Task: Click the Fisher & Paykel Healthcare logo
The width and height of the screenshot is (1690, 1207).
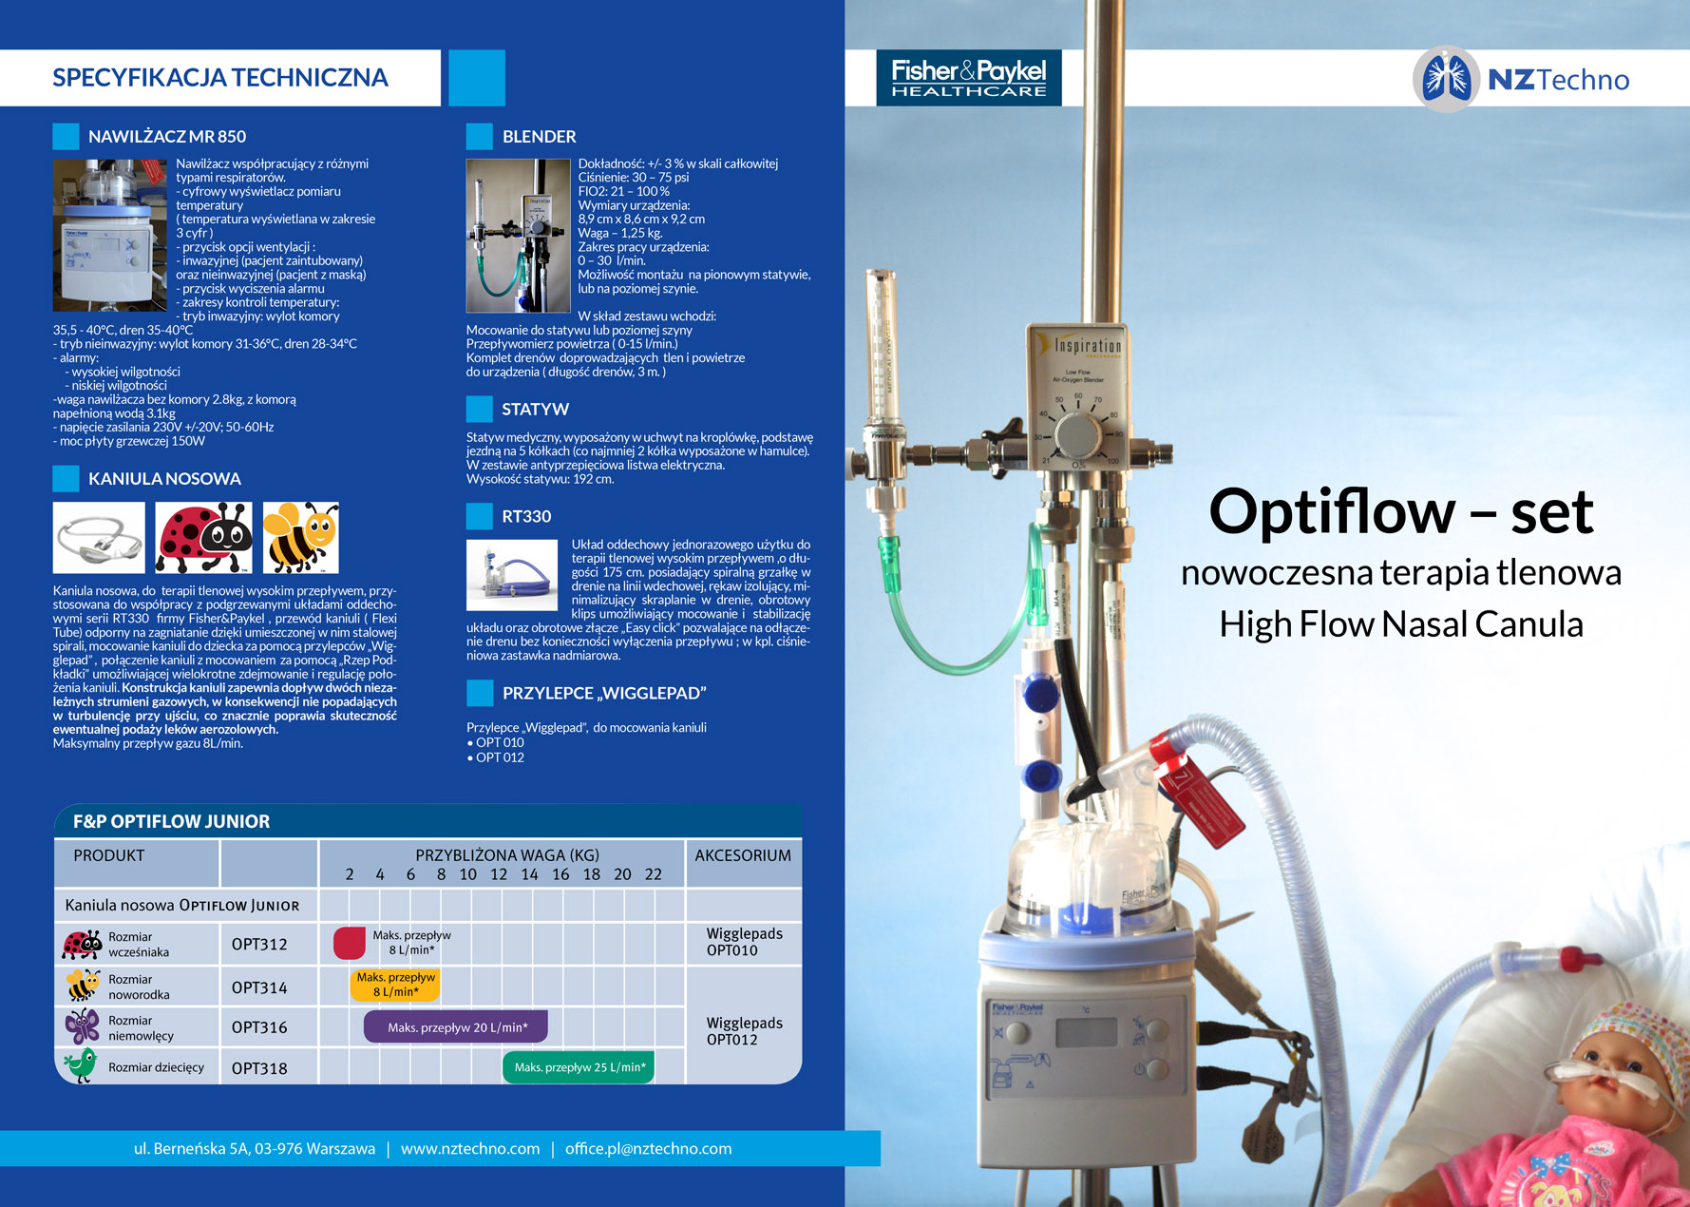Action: point(968,78)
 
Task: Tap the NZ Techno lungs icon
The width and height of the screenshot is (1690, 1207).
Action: point(1445,79)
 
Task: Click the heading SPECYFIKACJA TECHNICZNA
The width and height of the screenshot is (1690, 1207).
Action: point(220,78)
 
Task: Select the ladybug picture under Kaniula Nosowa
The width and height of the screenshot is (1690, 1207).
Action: point(203,538)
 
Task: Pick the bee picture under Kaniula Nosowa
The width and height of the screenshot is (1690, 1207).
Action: point(300,538)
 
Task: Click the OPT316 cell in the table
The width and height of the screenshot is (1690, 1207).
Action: point(259,1027)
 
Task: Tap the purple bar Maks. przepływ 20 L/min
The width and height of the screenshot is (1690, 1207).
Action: point(456,1027)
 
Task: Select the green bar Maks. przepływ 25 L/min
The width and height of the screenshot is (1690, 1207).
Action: point(579,1067)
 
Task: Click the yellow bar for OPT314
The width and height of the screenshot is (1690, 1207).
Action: point(395,985)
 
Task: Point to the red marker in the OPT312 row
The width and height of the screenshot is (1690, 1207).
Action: point(350,943)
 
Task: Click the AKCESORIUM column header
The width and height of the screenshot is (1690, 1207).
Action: point(743,855)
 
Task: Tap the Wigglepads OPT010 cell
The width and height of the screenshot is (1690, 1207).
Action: point(744,942)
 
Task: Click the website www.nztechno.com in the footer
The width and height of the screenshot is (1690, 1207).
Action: point(470,1148)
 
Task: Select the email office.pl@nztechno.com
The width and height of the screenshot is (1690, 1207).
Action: point(648,1148)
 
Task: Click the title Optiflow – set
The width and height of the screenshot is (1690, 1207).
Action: point(1400,512)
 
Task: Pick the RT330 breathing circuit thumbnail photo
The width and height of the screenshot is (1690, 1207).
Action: point(512,575)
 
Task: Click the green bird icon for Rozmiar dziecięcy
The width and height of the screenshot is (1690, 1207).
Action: point(81,1066)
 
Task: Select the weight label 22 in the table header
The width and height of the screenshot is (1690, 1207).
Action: point(654,874)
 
